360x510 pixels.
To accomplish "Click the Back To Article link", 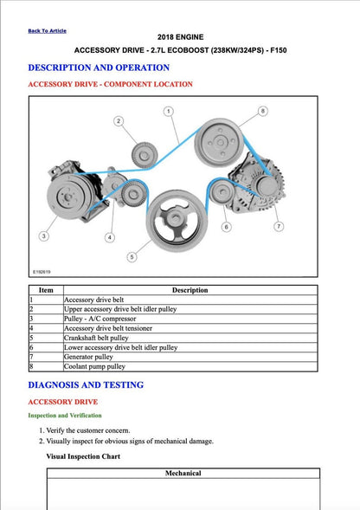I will [47, 30].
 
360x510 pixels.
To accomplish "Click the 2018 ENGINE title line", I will [180, 38].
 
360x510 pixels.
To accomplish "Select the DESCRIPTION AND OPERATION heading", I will [99, 68].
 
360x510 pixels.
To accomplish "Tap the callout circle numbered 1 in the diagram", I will [168, 111].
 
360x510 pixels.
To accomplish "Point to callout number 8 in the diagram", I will [263, 111].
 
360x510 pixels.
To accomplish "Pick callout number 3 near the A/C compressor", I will [43, 236].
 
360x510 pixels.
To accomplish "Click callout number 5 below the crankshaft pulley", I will [132, 256].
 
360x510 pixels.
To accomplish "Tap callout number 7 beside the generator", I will [279, 227].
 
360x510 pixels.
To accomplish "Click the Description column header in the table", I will [190, 290].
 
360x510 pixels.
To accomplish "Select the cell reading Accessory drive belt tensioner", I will [108, 328].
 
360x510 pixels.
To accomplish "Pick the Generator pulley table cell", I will [88, 357].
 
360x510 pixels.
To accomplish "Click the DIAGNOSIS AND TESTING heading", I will [86, 384].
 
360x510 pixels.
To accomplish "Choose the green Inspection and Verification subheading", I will [67, 416].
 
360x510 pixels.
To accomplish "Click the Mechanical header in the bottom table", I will [183, 473].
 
